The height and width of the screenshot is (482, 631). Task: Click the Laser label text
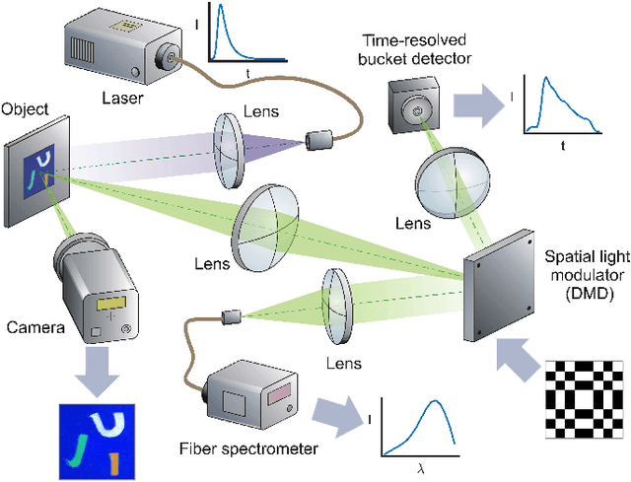129,98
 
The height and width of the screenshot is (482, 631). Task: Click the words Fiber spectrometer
248,448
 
